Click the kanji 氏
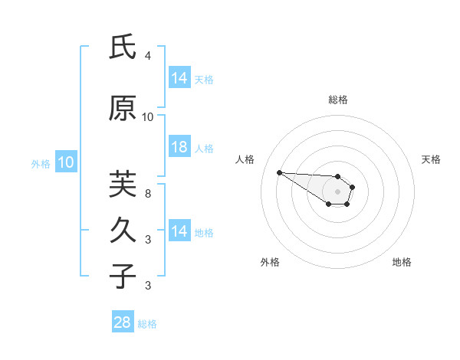123,47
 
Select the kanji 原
123,109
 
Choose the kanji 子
123,276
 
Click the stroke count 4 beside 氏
147,56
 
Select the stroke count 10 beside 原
147,117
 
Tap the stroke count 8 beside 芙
147,194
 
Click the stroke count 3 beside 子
147,286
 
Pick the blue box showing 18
179,147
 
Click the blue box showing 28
122,322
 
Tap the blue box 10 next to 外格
65,162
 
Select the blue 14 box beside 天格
179,78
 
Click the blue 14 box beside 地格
179,231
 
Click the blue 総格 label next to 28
147,324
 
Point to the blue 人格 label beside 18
204,148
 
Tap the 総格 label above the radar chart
337,100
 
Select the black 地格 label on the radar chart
402,262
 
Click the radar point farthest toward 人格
279,172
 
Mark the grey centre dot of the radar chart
337,191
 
